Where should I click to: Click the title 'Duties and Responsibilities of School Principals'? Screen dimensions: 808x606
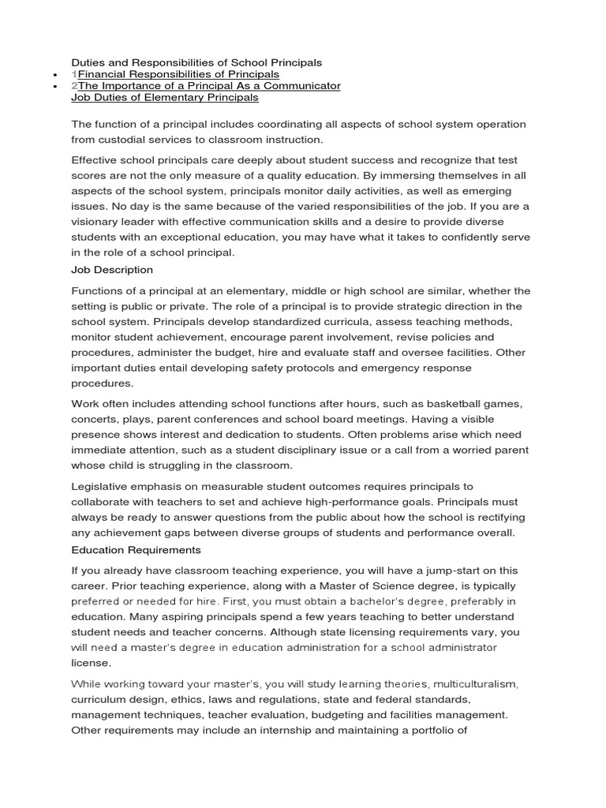(x=196, y=62)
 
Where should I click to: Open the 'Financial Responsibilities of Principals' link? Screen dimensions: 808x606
(x=178, y=73)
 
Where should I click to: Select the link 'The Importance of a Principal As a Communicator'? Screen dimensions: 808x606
(x=209, y=85)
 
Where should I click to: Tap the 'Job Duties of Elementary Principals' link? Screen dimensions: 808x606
(x=164, y=98)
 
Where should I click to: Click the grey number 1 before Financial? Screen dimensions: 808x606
(x=74, y=73)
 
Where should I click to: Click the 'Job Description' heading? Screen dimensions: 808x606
(x=112, y=270)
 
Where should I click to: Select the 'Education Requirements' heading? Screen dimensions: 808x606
(x=136, y=549)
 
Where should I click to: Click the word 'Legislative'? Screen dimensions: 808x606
(x=100, y=486)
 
